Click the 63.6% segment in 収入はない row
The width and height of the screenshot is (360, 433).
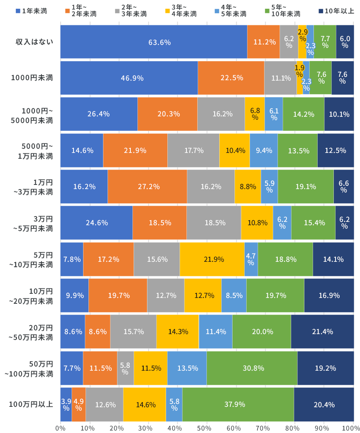tap(154, 42)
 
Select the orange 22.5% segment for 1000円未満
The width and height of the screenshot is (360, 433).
tap(231, 78)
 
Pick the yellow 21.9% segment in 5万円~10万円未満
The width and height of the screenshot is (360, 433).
tap(212, 259)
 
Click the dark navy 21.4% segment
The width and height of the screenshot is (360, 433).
tap(322, 332)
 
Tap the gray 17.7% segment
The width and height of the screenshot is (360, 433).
tap(193, 150)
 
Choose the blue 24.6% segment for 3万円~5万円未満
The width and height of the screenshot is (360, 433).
tap(96, 223)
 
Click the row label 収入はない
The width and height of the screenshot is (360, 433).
tap(34, 42)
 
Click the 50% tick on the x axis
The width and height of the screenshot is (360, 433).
tap(207, 426)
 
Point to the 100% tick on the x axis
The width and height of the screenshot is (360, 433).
tap(353, 426)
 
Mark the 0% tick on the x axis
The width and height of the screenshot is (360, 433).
tap(61, 426)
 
